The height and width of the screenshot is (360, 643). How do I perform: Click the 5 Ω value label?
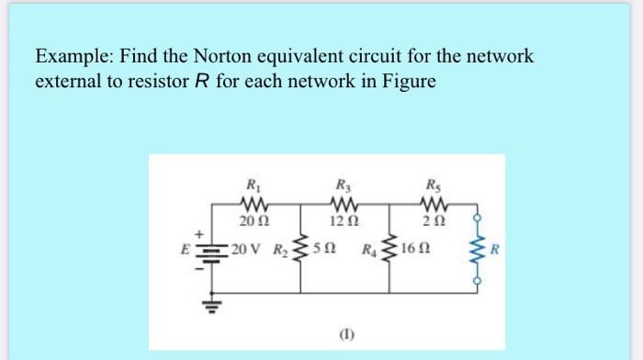click(x=321, y=250)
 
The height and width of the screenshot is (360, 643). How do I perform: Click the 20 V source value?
click(x=244, y=250)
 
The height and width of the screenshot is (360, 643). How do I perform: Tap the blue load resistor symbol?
click(x=476, y=249)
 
